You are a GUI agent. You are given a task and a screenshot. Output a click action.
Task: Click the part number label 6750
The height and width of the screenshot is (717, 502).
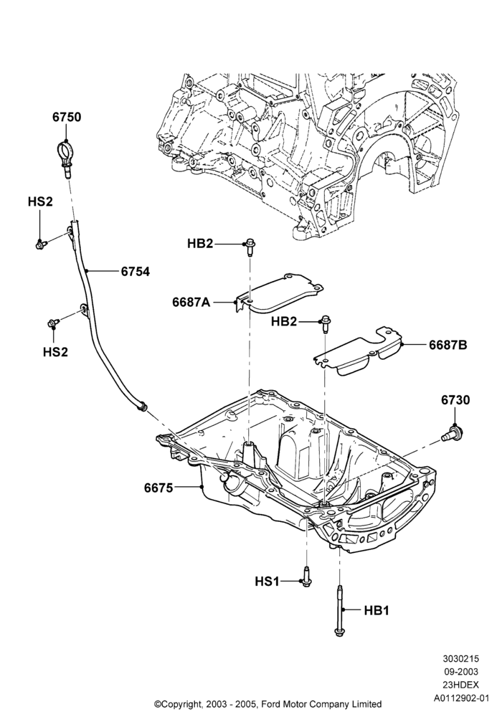click(x=66, y=117)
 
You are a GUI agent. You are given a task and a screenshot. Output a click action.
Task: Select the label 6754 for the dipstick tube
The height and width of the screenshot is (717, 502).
click(x=135, y=272)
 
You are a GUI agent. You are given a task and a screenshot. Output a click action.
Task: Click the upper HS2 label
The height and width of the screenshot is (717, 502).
click(x=39, y=201)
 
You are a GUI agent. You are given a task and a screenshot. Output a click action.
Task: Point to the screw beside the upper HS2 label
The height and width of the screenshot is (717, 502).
click(x=40, y=245)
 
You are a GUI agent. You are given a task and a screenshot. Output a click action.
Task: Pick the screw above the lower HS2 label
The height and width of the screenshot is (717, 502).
click(x=53, y=324)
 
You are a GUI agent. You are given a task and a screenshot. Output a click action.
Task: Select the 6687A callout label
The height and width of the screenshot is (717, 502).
click(x=191, y=302)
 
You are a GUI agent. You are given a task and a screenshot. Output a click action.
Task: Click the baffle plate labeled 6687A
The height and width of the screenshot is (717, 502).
click(x=279, y=294)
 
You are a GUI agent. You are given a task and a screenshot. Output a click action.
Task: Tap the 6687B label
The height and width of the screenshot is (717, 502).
click(x=447, y=345)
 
